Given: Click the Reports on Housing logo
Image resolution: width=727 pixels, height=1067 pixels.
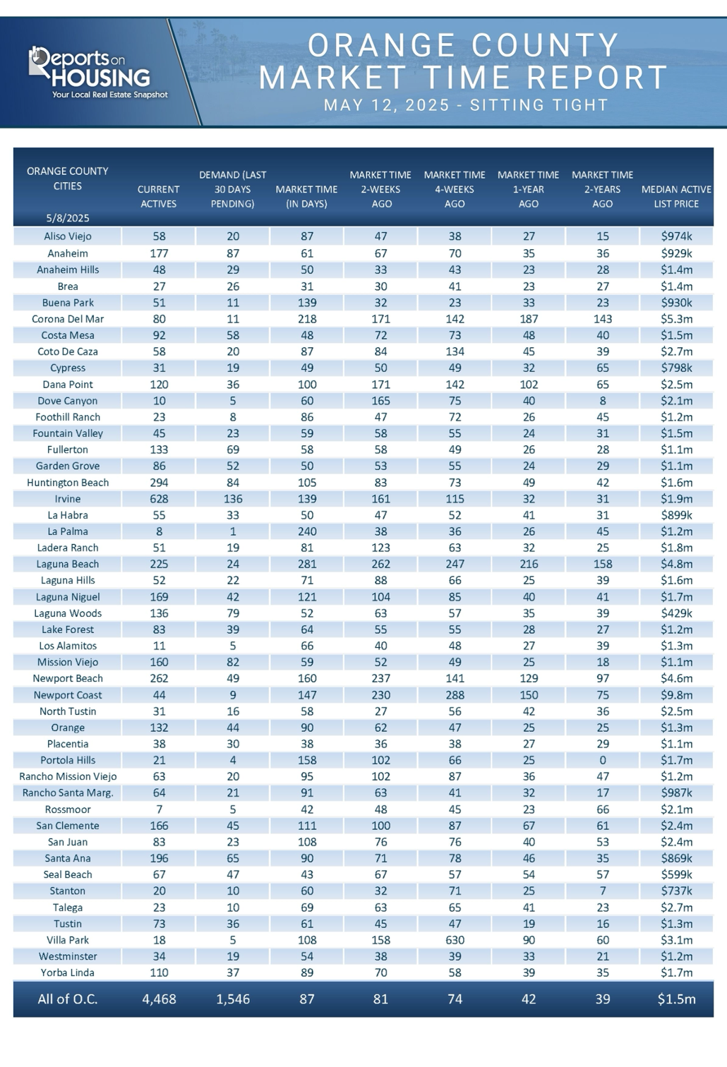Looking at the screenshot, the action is [x=97, y=72].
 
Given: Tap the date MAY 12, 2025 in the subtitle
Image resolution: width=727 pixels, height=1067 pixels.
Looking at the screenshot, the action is [x=386, y=105].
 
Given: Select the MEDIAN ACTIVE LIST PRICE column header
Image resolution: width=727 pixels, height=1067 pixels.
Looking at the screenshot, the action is [x=676, y=196].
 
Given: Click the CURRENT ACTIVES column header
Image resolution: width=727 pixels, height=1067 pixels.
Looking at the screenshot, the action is [x=158, y=196].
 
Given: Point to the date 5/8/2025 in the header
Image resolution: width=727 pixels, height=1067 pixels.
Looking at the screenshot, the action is [x=68, y=218].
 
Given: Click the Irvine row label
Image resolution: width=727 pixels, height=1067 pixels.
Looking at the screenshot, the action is [x=68, y=499].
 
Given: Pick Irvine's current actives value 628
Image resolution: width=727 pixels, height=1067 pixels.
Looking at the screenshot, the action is [x=159, y=499].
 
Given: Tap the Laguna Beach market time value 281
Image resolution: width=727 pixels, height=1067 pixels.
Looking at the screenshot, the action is [x=307, y=564].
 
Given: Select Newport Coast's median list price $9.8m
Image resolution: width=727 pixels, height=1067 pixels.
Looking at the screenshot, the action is [x=676, y=695].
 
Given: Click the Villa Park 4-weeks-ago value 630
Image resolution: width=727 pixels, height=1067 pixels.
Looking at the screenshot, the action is [x=455, y=940].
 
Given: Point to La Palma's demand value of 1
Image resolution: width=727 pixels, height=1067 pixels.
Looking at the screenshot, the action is [x=233, y=531].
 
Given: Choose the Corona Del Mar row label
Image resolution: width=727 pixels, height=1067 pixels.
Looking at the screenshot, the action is [x=68, y=319].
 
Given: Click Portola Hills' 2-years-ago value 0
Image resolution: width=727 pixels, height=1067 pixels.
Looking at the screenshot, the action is [x=603, y=760].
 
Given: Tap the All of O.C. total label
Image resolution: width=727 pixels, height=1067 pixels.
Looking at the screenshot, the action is [x=68, y=999].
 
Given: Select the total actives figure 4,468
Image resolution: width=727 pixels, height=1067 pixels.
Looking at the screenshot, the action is [x=159, y=999].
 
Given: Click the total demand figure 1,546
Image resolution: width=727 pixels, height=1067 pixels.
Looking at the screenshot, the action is [x=233, y=999].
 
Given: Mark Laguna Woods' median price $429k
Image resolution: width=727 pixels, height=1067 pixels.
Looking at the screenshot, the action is [x=676, y=613].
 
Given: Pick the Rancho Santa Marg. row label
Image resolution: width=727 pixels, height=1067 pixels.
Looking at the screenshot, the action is [x=68, y=793].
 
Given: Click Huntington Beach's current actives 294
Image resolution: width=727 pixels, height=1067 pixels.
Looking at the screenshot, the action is [x=159, y=483].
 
